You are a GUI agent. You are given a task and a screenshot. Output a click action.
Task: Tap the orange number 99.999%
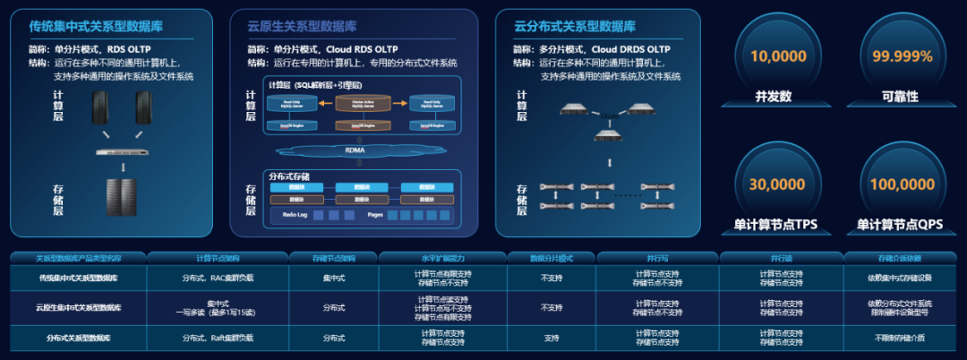tap(902, 56)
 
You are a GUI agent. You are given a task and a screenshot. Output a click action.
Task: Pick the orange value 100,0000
tap(902, 184)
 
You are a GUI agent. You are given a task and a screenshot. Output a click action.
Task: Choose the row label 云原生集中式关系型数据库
tap(79, 307)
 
